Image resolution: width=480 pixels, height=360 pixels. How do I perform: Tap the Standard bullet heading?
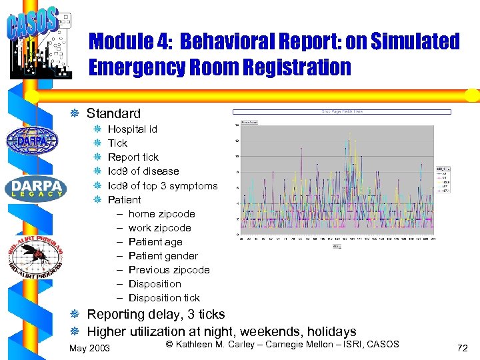pyautogui.click(x=113, y=113)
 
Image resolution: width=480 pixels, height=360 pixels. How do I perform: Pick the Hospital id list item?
pyautogui.click(x=132, y=129)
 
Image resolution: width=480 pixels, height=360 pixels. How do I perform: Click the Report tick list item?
pyautogui.click(x=133, y=157)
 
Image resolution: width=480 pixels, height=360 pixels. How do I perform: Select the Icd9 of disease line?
pyautogui.click(x=143, y=171)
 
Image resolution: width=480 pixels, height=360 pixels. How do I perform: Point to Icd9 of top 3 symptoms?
pyautogui.click(x=162, y=185)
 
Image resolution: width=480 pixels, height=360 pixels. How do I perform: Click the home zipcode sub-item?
pyautogui.click(x=161, y=214)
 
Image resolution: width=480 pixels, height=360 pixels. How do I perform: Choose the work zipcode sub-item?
pyautogui.click(x=159, y=228)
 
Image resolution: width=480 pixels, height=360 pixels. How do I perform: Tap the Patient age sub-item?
pyautogui.click(x=155, y=242)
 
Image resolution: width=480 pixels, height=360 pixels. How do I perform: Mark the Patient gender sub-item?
pyautogui.click(x=163, y=256)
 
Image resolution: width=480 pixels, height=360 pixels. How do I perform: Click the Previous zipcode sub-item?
pyautogui.click(x=169, y=270)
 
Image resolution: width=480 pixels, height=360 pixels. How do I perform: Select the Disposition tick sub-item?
pyautogui.click(x=164, y=298)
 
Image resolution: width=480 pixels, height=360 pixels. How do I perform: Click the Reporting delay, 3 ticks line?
pyautogui.click(x=156, y=314)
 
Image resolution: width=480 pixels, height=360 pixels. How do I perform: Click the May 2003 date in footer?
pyautogui.click(x=90, y=348)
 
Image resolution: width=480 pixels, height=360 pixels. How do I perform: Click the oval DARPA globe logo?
pyautogui.click(x=32, y=140)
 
